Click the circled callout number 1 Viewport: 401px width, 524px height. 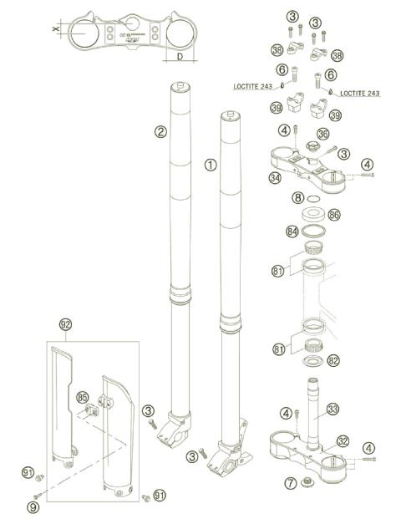210,165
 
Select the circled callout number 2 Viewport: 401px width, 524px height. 160,130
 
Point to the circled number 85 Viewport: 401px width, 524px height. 82,397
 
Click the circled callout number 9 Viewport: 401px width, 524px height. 33,506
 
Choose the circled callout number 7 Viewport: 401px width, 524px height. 291,483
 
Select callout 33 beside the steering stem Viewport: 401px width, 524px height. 332,410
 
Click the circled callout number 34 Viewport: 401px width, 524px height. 275,177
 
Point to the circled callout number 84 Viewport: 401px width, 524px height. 292,231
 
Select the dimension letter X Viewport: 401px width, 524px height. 55,29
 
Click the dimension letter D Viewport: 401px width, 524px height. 180,57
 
